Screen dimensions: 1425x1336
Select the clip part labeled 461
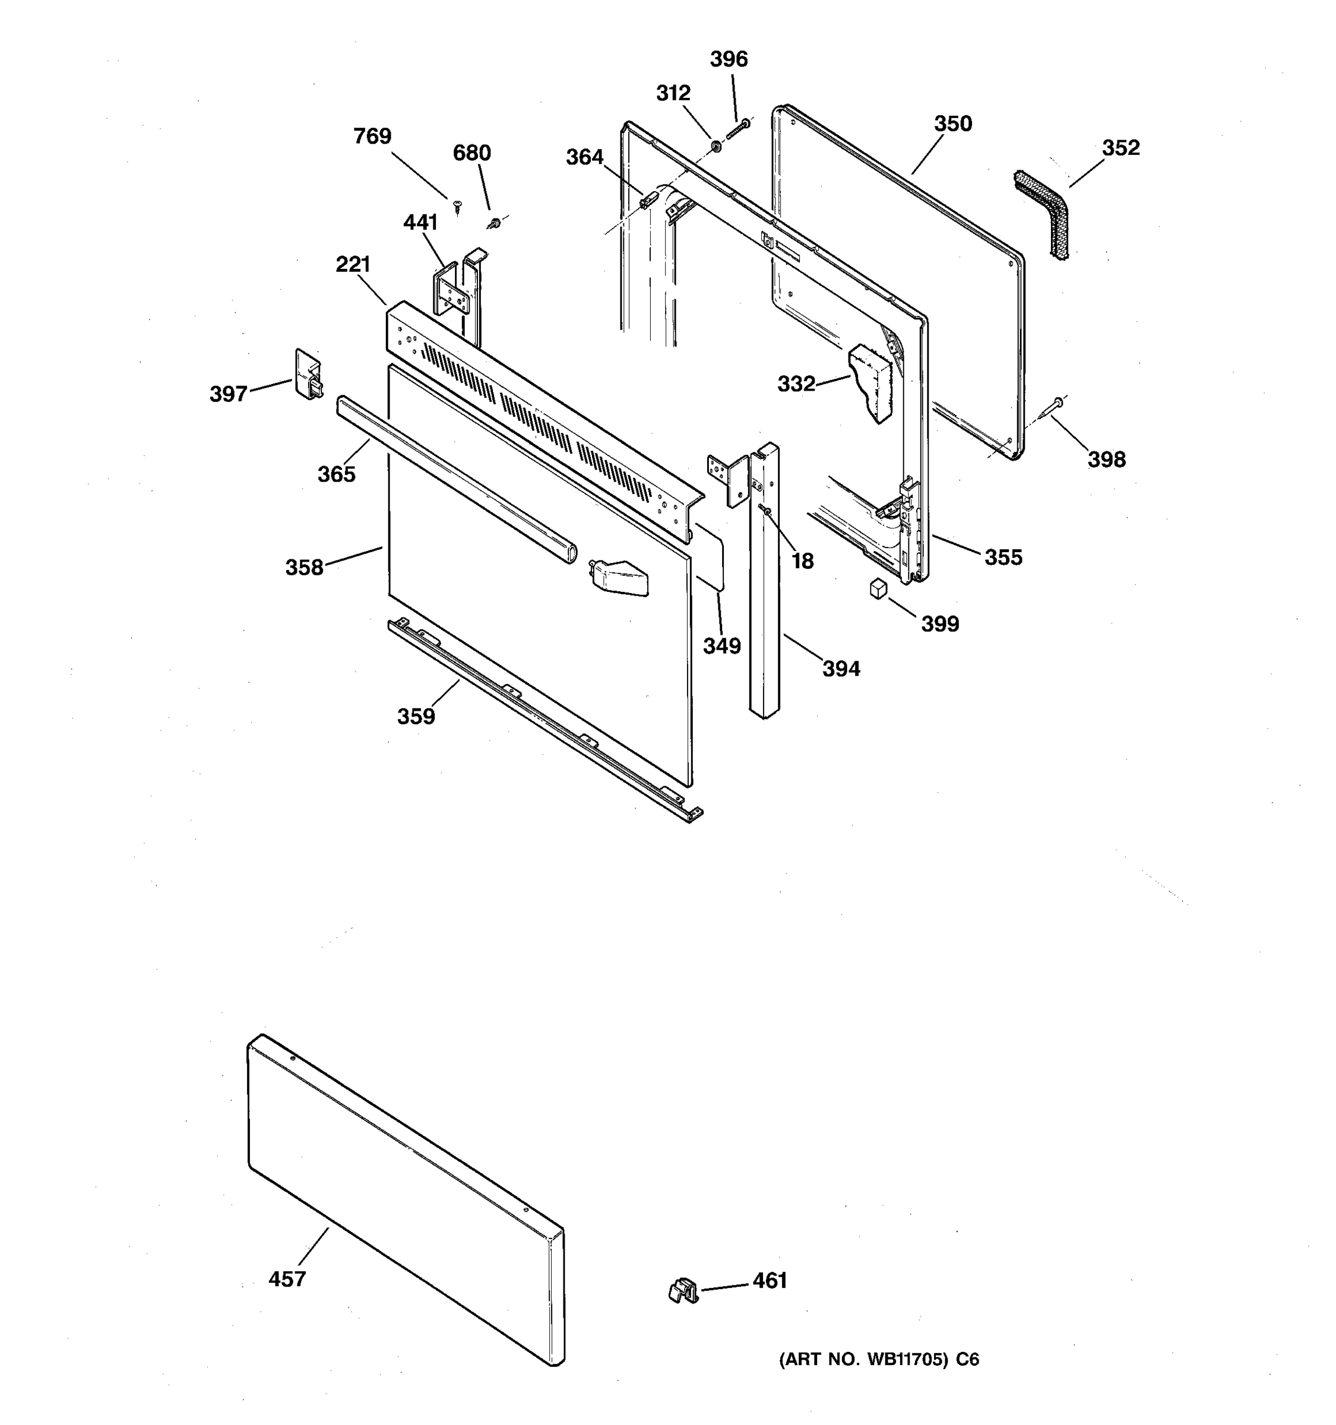[682, 1290]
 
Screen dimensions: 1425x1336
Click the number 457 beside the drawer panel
[287, 1279]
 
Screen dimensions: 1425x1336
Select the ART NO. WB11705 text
[879, 1359]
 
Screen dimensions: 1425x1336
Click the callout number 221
[353, 264]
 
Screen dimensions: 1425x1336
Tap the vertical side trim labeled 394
[764, 581]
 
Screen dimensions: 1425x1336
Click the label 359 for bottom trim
[416, 716]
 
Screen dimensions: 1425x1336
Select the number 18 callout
[803, 561]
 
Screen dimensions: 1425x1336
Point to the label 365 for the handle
[336, 474]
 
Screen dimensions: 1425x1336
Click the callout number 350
[952, 124]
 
